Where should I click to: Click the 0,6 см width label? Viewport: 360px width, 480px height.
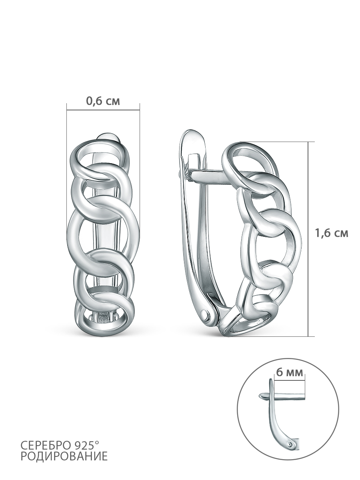(103, 101)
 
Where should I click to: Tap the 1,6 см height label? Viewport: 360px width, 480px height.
(332, 233)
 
